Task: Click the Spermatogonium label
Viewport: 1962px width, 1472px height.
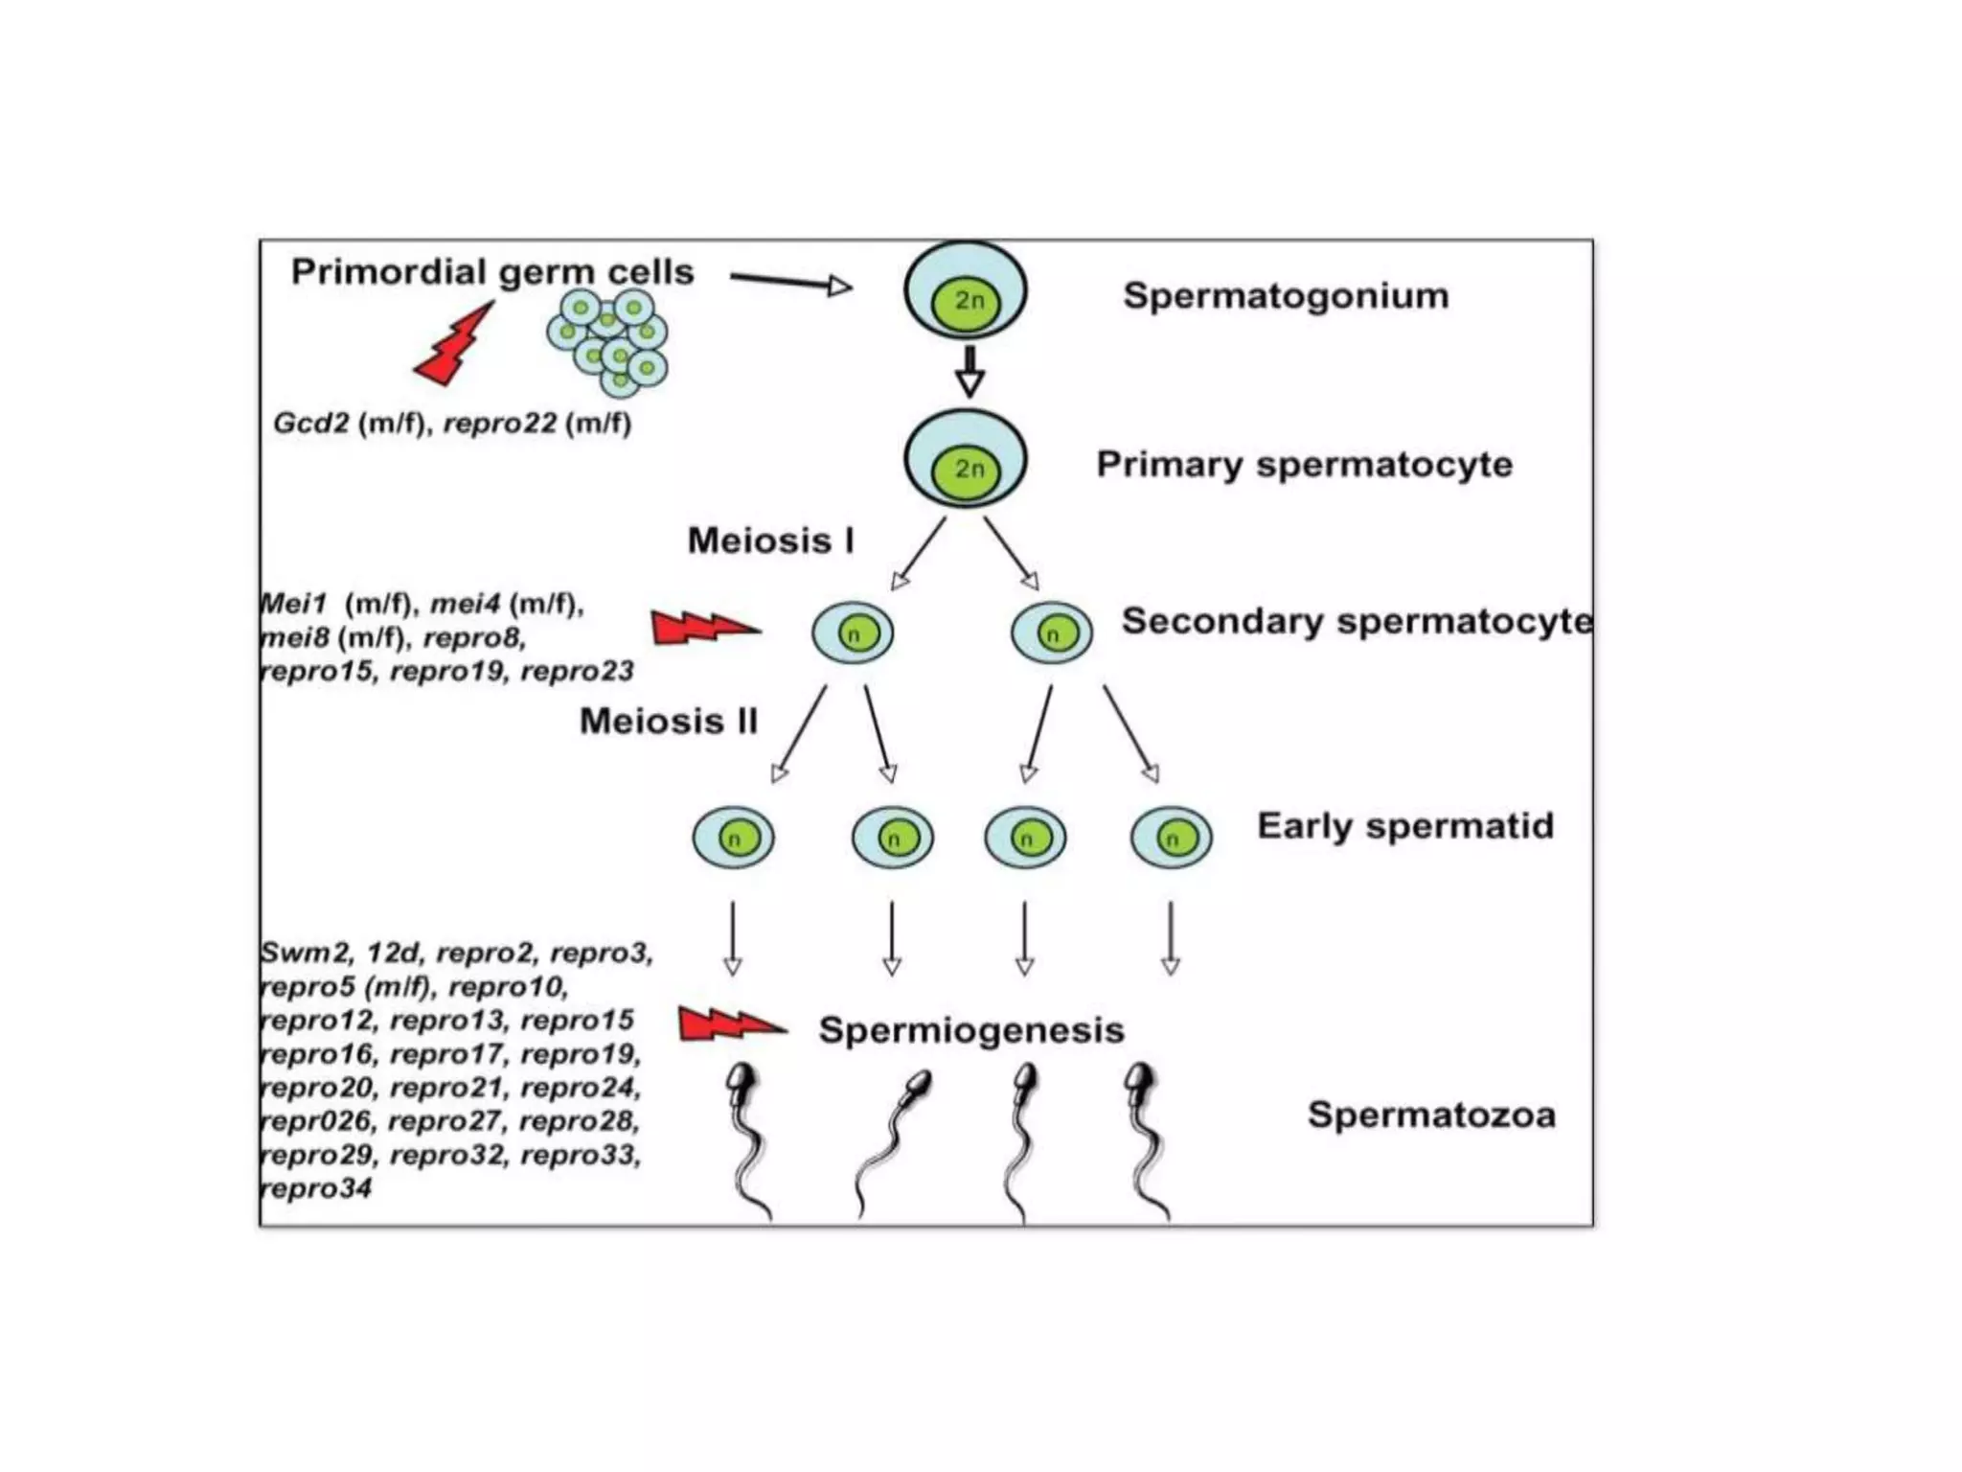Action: [x=1286, y=296]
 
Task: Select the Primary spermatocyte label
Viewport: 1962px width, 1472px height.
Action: [x=1304, y=465]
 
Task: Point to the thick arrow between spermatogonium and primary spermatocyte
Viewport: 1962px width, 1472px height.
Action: [x=970, y=372]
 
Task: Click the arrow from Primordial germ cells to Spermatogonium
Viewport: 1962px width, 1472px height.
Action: [x=790, y=283]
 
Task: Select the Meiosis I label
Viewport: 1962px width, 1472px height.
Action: [x=771, y=541]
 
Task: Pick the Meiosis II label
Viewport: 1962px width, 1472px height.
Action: [x=669, y=722]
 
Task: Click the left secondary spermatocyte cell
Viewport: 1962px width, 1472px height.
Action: [x=853, y=633]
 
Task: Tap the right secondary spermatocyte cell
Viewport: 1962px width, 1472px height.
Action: [x=1052, y=633]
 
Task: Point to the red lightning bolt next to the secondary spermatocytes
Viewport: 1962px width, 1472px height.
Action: [x=704, y=628]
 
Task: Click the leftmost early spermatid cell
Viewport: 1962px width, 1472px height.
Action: [x=734, y=838]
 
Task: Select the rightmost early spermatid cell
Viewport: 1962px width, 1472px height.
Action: [x=1171, y=838]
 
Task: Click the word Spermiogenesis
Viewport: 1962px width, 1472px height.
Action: [x=971, y=1030]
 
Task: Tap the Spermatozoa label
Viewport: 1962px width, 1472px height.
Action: [x=1431, y=1115]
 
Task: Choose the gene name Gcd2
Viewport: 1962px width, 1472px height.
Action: [x=311, y=423]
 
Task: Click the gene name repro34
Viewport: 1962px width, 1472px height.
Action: [x=316, y=1188]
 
